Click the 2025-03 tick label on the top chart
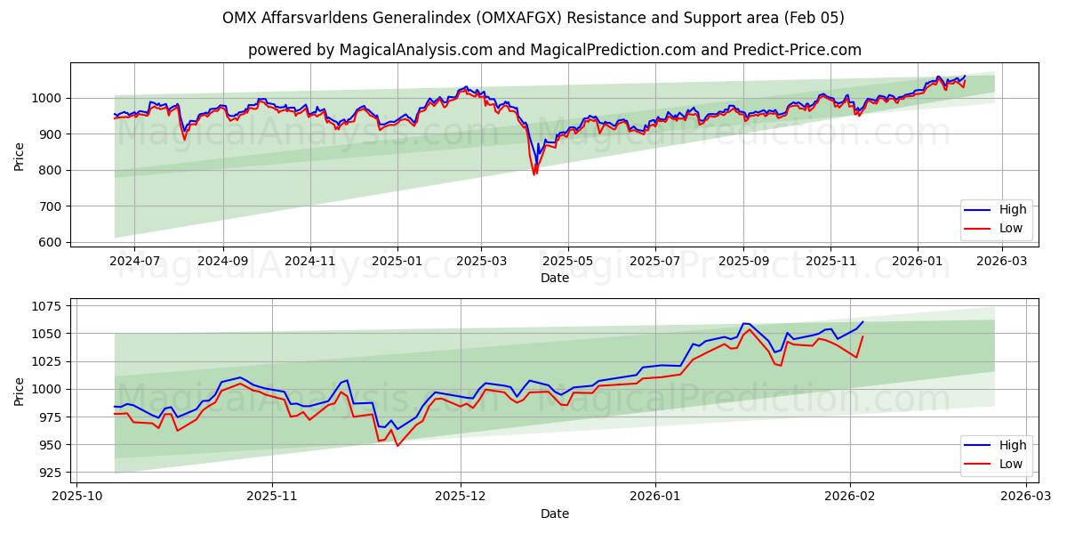pos(481,261)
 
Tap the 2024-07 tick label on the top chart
pos(134,261)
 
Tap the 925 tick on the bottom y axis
pos(51,473)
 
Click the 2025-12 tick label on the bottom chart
pos(461,497)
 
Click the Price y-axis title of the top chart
pos(20,156)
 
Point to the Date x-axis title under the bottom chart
pos(555,514)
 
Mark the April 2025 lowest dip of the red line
pos(534,174)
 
